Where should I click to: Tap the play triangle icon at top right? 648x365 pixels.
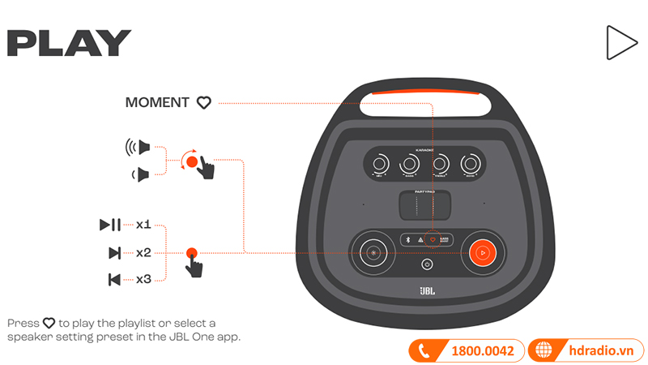[x=620, y=42]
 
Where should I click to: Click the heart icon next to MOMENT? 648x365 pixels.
[x=204, y=103]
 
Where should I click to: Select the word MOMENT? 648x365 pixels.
[x=158, y=103]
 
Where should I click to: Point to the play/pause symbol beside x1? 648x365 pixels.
[x=110, y=225]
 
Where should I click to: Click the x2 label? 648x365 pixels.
[x=143, y=252]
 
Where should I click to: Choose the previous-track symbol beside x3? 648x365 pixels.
[x=114, y=280]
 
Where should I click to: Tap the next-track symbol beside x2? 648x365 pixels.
[x=114, y=252]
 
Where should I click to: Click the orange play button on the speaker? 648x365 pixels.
[x=480, y=252]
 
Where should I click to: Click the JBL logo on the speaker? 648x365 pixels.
[x=428, y=290]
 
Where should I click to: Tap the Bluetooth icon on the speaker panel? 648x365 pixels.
[x=408, y=240]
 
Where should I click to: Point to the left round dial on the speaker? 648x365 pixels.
[x=373, y=252]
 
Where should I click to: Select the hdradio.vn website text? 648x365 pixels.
[x=600, y=350]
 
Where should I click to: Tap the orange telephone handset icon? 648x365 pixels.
[x=424, y=350]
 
